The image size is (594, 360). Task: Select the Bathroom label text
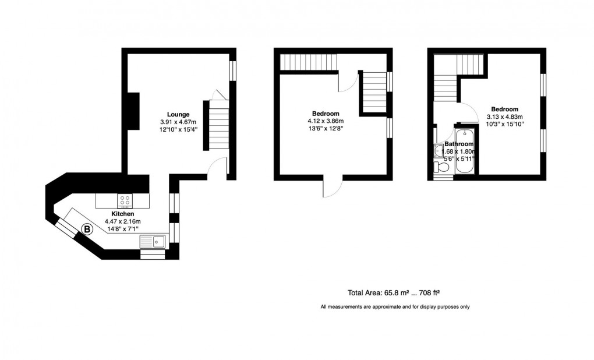coord(459,144)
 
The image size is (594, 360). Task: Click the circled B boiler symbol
coord(87,230)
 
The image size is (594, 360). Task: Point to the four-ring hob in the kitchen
coord(125,201)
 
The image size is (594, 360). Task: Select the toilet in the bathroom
coord(441,168)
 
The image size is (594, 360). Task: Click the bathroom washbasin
coord(438,151)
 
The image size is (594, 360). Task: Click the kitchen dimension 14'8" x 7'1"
coord(122,229)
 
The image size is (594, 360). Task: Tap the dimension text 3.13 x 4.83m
coord(504,117)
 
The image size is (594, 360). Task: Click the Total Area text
coord(397,292)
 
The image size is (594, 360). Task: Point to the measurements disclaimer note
coord(395,307)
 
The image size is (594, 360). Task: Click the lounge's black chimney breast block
coord(133,111)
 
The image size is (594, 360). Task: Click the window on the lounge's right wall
coord(233,70)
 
